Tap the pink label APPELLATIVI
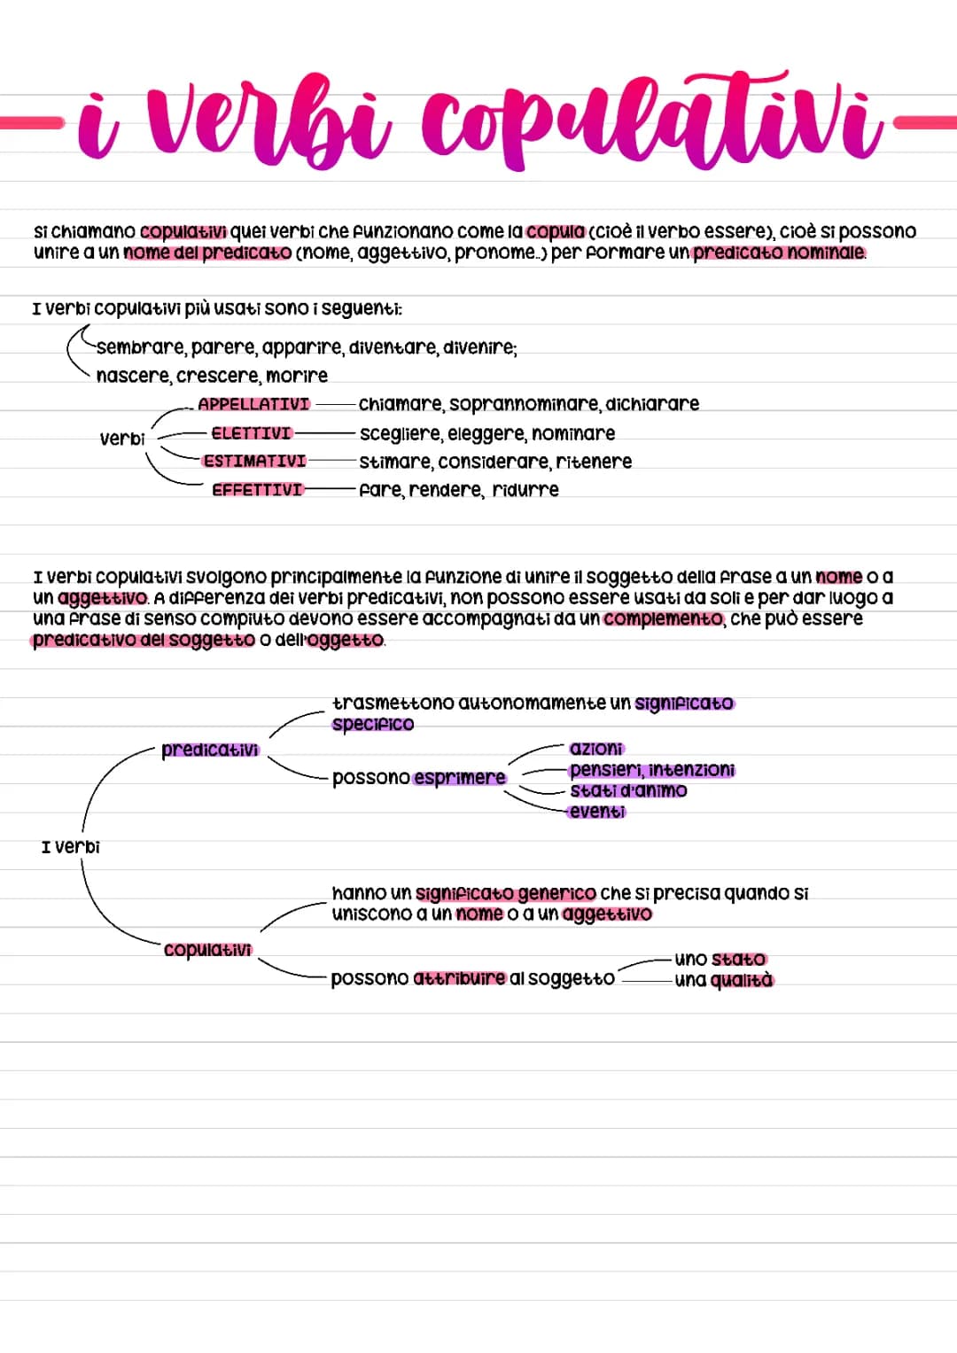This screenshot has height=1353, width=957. (253, 405)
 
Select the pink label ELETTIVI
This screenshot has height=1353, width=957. (251, 433)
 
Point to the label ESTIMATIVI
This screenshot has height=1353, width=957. (254, 462)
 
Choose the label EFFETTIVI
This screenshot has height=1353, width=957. (257, 490)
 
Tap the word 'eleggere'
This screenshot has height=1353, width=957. (483, 434)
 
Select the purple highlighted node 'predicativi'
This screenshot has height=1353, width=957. (210, 750)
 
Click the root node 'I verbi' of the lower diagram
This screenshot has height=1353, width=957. (71, 847)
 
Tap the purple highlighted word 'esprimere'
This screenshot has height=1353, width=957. (459, 778)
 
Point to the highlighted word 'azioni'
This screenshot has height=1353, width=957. (596, 749)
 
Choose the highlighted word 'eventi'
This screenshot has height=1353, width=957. (597, 812)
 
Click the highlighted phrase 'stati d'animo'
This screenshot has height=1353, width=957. (628, 790)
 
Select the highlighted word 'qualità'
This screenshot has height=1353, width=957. (742, 980)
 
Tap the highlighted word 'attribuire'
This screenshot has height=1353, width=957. (460, 979)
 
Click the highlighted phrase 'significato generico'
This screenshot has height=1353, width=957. (505, 893)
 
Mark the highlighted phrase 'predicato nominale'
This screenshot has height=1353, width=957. (778, 253)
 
